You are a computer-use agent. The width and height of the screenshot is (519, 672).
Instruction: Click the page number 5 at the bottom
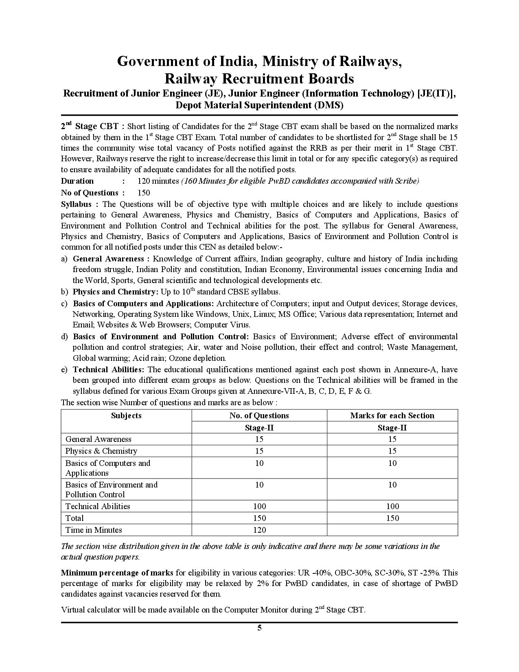(259, 628)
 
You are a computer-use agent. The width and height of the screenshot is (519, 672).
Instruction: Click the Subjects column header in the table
(126, 415)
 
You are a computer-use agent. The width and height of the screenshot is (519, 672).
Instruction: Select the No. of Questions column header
(259, 415)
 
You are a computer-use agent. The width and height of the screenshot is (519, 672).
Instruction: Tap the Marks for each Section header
(392, 415)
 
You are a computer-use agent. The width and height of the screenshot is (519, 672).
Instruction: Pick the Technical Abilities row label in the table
(98, 506)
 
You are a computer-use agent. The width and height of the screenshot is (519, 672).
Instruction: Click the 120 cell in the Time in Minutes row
(259, 530)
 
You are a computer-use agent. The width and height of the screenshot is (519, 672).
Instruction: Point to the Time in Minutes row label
(94, 530)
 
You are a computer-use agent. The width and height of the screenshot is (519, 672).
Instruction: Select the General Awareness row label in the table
(98, 439)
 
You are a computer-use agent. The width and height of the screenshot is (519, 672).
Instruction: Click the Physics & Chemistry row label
(101, 451)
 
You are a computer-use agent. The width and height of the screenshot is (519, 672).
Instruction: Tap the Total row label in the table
(74, 518)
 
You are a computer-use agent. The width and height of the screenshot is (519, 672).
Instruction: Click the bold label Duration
(77, 181)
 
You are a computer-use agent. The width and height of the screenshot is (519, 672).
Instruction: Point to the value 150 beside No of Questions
(144, 193)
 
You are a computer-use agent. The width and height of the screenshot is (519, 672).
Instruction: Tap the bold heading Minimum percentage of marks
(117, 573)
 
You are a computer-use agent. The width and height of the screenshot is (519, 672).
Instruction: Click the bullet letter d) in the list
(64, 336)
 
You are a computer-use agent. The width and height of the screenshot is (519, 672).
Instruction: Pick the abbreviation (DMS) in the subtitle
(328, 105)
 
